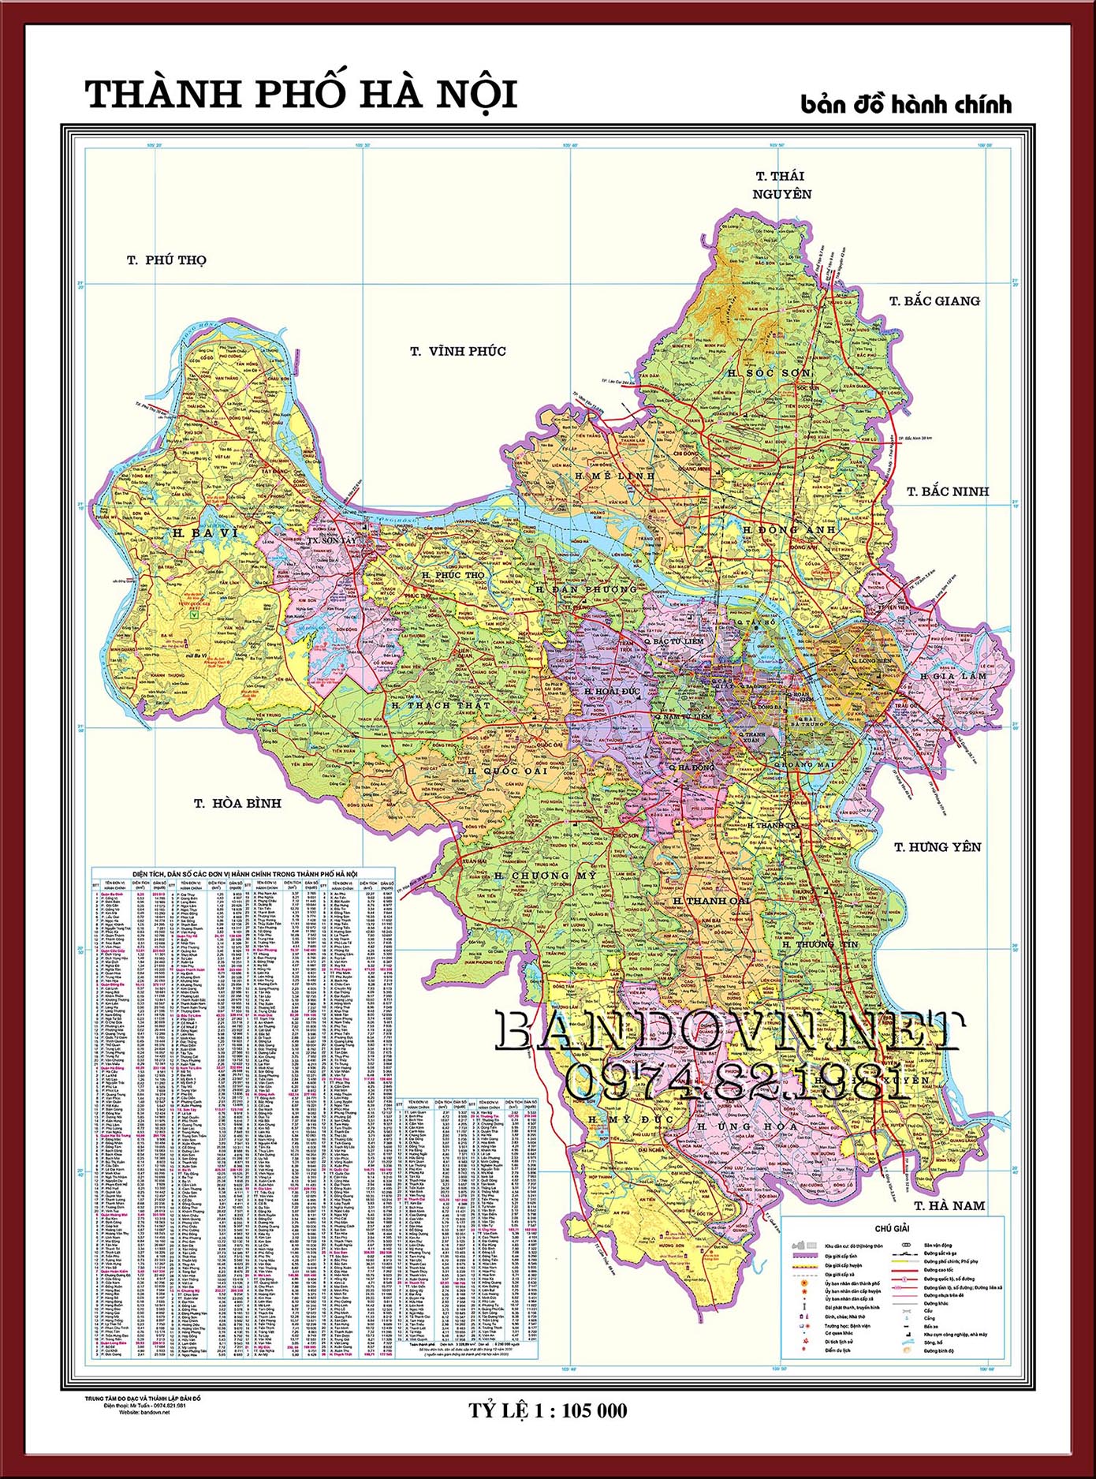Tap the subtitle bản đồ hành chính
[x=905, y=105]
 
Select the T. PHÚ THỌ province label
[x=166, y=260]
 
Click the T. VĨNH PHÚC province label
[x=457, y=352]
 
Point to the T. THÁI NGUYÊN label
[x=781, y=185]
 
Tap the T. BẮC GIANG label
[x=934, y=301]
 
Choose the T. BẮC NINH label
[x=947, y=491]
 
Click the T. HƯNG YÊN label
[x=937, y=847]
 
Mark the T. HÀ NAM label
[x=949, y=1205]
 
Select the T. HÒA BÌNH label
[x=237, y=803]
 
